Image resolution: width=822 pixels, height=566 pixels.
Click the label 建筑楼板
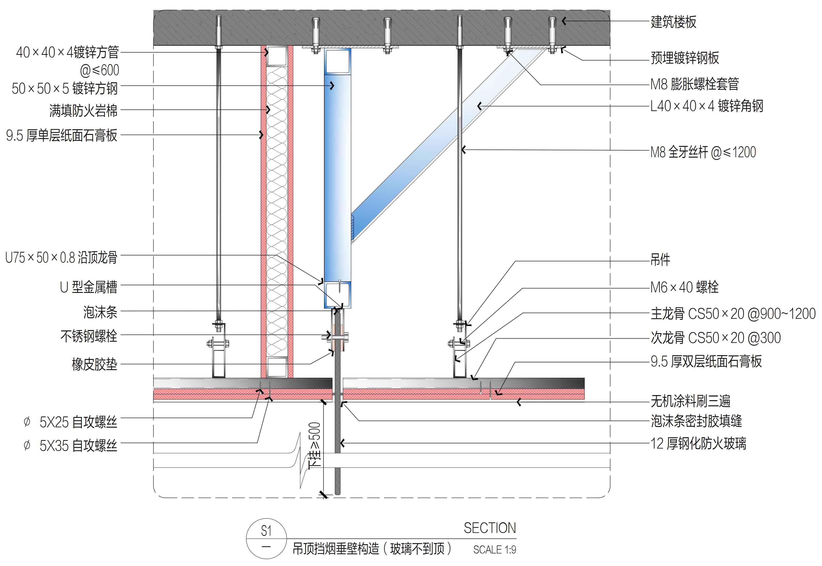673,22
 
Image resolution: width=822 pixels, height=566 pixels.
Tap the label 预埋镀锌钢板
684,58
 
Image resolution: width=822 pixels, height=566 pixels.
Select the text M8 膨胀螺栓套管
694,84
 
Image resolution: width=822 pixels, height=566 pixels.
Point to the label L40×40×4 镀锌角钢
706,106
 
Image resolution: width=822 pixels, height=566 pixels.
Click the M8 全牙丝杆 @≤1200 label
703,152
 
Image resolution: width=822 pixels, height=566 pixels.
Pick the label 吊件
660,260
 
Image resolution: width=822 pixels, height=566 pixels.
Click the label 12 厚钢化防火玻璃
698,444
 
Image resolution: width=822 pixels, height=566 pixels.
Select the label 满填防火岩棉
83,111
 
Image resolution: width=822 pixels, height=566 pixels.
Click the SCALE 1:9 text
494,550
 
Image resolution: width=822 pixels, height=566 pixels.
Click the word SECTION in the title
490,528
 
